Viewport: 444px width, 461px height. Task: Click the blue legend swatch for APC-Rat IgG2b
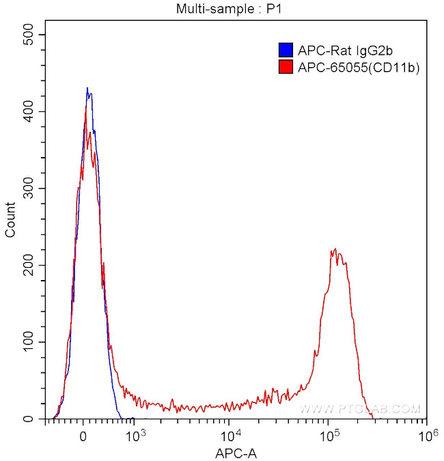click(286, 50)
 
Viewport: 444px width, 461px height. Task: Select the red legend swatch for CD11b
click(286, 67)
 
